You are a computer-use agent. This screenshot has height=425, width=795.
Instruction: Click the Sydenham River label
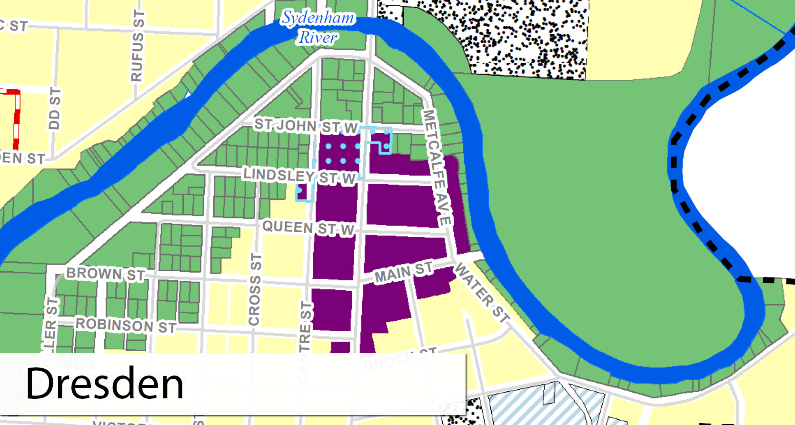click(x=318, y=28)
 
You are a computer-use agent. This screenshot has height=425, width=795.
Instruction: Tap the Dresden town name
click(x=105, y=384)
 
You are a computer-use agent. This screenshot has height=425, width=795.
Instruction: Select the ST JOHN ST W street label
click(x=306, y=126)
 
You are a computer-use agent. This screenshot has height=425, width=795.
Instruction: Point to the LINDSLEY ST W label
click(x=299, y=176)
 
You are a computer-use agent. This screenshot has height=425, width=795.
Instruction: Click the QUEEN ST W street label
click(x=308, y=227)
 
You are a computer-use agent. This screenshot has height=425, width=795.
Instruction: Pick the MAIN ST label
click(x=404, y=272)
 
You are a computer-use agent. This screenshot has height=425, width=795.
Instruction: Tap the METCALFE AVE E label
click(x=437, y=167)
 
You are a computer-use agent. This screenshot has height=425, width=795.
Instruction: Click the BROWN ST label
click(x=105, y=274)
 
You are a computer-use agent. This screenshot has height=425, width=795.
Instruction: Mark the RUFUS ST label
click(x=137, y=46)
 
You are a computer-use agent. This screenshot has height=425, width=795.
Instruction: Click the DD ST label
click(x=55, y=109)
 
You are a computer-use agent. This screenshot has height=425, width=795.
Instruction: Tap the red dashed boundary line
click(x=17, y=119)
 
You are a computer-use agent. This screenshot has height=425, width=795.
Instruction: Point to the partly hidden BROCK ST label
click(x=400, y=359)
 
